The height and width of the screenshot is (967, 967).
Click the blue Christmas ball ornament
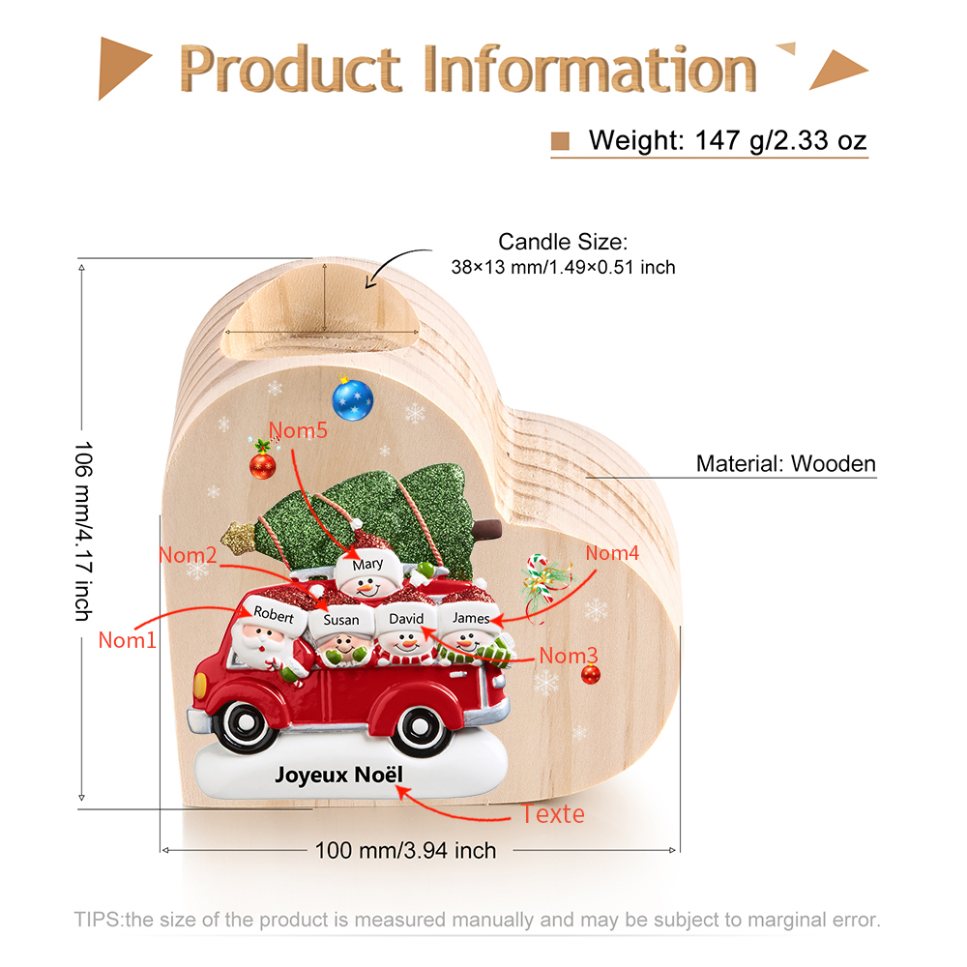pos(353,399)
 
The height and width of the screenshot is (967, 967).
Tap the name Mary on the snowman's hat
pos(367,564)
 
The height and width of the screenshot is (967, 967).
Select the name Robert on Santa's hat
pos(274,614)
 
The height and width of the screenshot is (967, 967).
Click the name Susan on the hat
pos(341,620)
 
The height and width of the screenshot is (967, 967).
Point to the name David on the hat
pos(406,619)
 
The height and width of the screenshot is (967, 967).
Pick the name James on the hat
pos(471,618)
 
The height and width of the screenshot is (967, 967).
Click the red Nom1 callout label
pos(128,640)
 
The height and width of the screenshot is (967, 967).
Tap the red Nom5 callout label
pos(298,430)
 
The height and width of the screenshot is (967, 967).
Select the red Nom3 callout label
pos(569,656)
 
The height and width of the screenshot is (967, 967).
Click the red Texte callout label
pos(553,814)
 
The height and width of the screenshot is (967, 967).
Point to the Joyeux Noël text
pos(338,776)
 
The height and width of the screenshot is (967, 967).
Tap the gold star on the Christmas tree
pos(238,537)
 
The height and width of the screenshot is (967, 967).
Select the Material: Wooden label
pos(785,464)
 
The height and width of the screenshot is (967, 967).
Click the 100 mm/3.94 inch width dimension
pos(406,850)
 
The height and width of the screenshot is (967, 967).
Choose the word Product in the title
pos(290,69)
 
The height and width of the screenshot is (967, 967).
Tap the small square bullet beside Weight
pos(560,141)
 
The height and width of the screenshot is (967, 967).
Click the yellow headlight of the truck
pos(200,685)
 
